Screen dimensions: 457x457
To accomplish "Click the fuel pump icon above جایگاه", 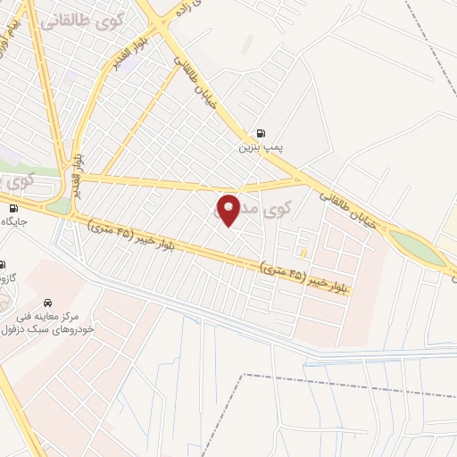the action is click(12, 208).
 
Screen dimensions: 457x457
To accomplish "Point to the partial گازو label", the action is click(7, 279).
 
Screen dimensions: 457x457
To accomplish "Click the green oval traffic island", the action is click(417, 247).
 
